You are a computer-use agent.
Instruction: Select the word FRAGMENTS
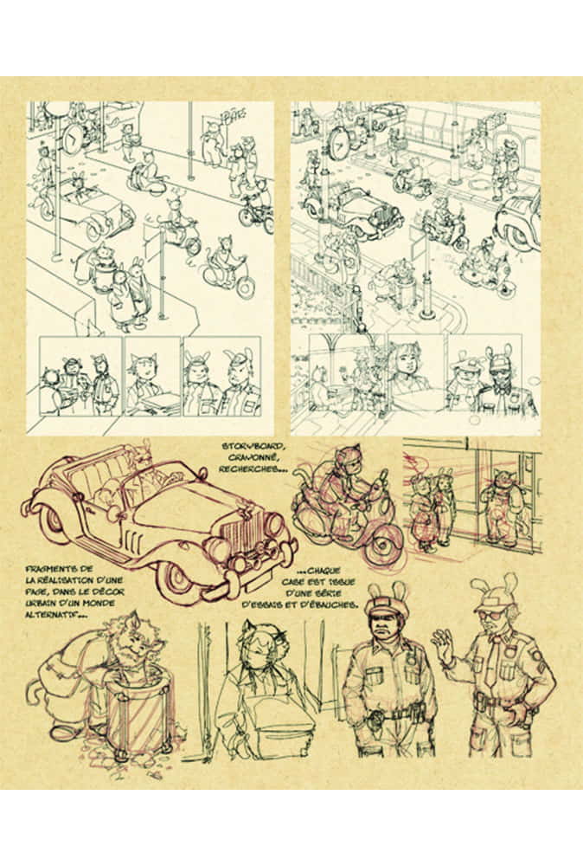[x=53, y=568]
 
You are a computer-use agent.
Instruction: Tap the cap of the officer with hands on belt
[x=381, y=600]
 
